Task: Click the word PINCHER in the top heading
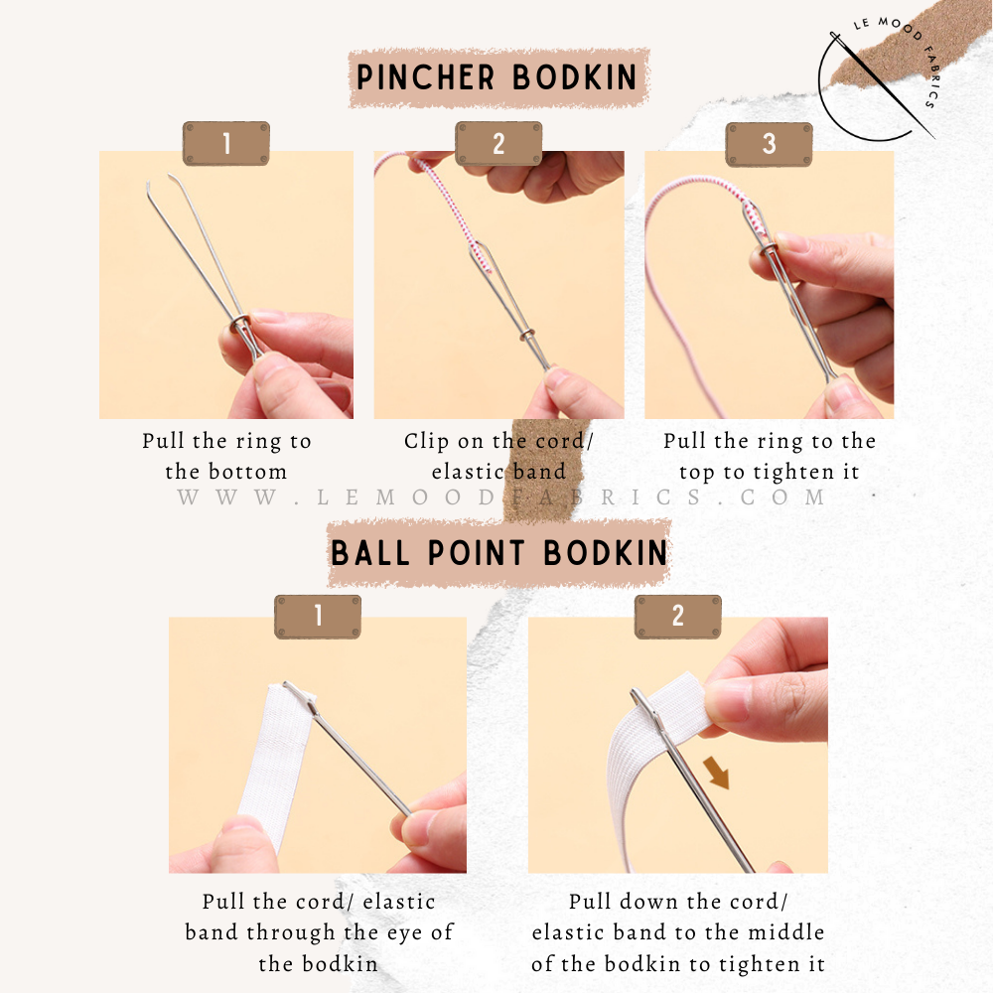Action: point(425,77)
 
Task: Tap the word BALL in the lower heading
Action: point(369,553)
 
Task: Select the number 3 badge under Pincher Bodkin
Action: point(769,144)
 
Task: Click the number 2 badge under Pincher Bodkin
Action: point(498,144)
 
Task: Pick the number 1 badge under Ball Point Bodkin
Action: point(318,617)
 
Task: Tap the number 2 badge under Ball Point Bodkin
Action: point(677,617)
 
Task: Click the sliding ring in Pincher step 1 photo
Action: point(240,325)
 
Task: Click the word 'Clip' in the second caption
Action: point(424,441)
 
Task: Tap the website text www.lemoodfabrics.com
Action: point(500,497)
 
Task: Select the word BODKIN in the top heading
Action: point(574,77)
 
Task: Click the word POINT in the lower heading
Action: point(477,553)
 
